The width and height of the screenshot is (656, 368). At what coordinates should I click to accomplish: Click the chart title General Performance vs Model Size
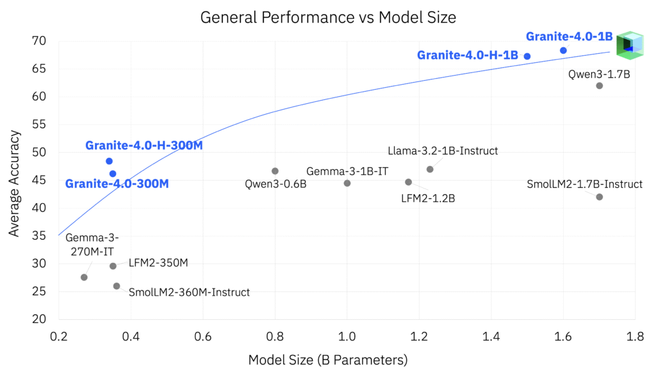coord(328,17)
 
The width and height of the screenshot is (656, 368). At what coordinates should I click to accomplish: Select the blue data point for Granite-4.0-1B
coord(563,50)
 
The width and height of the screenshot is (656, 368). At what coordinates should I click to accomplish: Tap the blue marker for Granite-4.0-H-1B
coord(527,56)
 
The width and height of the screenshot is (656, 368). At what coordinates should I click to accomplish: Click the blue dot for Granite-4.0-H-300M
coord(109,161)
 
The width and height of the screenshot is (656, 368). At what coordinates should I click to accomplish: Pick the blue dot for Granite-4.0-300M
coord(113,174)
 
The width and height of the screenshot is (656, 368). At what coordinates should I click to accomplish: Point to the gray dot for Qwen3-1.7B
coord(600,86)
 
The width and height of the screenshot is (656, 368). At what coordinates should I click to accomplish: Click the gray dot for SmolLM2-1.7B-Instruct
coord(600,197)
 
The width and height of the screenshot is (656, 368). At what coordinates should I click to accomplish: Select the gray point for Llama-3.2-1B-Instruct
coord(430,169)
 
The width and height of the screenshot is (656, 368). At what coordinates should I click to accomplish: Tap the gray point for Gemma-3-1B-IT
coord(347,183)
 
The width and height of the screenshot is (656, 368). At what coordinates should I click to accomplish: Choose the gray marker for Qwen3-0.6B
coord(275,171)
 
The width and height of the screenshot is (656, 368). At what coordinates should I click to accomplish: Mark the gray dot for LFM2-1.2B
coord(409,182)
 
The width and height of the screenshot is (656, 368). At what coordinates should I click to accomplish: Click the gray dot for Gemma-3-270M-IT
coord(84,278)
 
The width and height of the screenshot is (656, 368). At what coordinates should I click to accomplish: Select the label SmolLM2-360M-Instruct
coord(189,292)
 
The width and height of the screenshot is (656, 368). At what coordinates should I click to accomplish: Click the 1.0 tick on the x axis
coord(347,335)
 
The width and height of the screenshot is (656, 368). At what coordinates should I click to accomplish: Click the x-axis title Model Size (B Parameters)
coord(327,360)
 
